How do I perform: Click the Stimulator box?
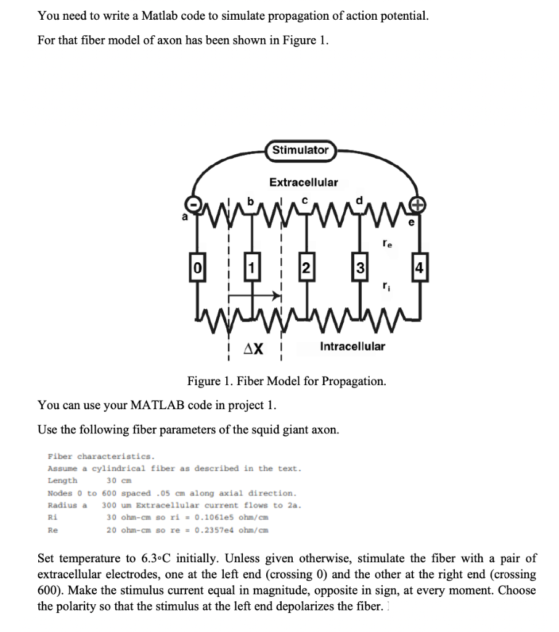tap(300, 150)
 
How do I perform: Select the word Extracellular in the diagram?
tap(304, 182)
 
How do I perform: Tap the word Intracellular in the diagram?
tap(353, 346)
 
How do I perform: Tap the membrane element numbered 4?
tap(419, 268)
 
